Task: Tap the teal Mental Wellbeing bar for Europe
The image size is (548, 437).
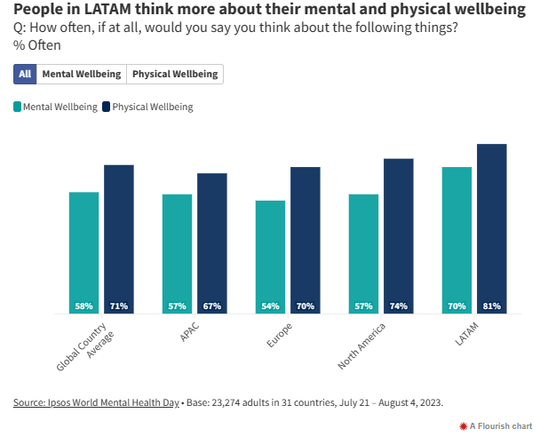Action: coord(270,253)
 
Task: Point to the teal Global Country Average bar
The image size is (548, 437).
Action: coord(83,249)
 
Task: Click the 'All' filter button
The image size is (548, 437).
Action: coord(25,75)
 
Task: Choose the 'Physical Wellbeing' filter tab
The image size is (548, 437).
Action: coord(175,75)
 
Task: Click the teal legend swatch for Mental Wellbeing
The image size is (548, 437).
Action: coord(18,107)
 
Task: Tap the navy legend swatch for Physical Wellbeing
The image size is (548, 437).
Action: coord(107,107)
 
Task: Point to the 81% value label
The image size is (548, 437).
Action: coord(491,306)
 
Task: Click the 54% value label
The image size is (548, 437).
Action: coord(270,306)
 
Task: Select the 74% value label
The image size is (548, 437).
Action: coord(399,306)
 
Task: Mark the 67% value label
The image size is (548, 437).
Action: coord(212,306)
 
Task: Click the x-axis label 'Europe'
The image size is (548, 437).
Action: coord(279,337)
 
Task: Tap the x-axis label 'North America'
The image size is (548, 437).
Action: coord(361,346)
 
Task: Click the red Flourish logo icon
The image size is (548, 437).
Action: coord(463,426)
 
